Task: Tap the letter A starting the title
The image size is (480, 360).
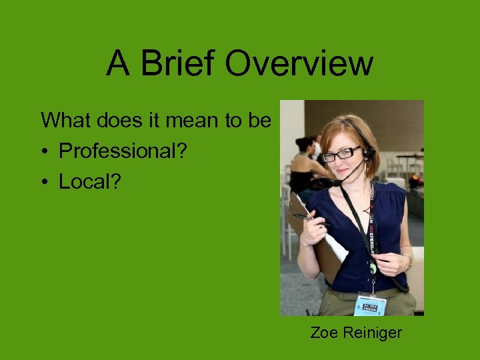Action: coord(118,64)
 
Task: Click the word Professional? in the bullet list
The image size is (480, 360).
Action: coord(123,151)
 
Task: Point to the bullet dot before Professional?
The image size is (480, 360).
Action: coord(45,152)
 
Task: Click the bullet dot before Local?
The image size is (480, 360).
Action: coord(45,183)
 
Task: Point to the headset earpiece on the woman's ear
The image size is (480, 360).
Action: coord(369,153)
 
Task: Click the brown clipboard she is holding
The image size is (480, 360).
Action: coord(313,233)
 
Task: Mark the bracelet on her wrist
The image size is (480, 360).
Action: coord(406,261)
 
